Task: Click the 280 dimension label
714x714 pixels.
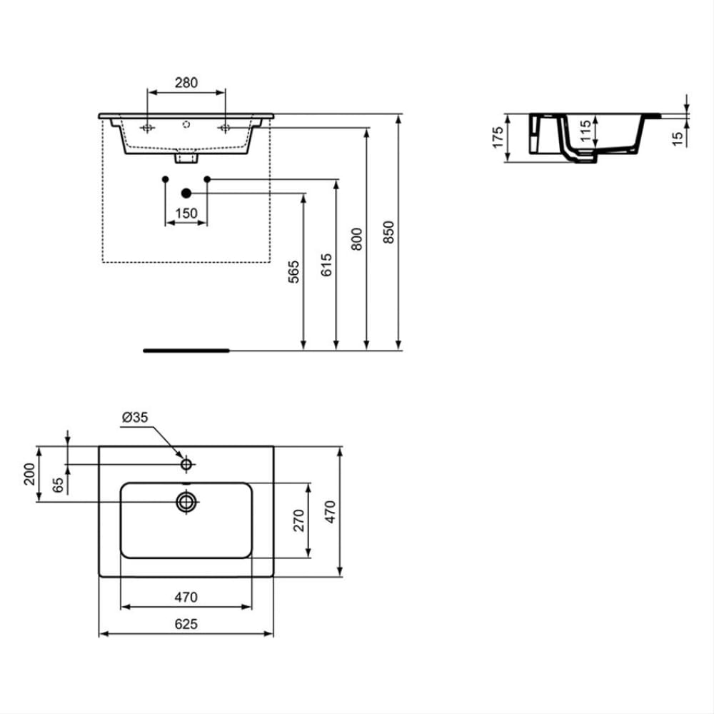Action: click(186, 83)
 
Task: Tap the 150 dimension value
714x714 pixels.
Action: click(186, 213)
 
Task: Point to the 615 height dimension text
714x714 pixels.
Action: click(326, 265)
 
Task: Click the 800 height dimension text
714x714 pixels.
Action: click(357, 238)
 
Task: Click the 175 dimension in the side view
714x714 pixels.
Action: click(498, 137)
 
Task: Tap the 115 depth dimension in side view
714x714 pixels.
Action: click(585, 133)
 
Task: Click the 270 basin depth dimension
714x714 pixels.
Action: click(299, 521)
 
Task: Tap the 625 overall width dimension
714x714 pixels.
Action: click(186, 624)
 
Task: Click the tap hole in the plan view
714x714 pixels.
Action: click(186, 465)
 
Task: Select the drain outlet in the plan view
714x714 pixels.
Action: click(186, 502)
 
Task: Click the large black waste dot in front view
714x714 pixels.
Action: click(186, 193)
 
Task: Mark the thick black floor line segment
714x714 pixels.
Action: click(186, 351)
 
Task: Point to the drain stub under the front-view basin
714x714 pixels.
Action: click(186, 156)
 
